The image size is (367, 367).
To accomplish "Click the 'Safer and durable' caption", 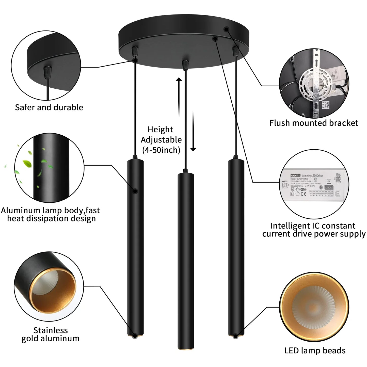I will (49, 107).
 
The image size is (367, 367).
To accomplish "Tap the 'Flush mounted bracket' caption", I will (314, 123).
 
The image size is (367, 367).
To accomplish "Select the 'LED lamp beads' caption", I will (315, 351).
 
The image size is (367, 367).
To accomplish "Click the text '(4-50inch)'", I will (161, 150).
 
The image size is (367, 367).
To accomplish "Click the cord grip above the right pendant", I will (236, 51).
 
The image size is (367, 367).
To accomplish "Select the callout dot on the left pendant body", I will (135, 191).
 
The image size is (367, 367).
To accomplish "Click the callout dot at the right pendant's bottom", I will (235, 337).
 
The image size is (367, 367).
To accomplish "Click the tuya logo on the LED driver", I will (329, 187).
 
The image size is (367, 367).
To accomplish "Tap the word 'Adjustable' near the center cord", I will (161, 140).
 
